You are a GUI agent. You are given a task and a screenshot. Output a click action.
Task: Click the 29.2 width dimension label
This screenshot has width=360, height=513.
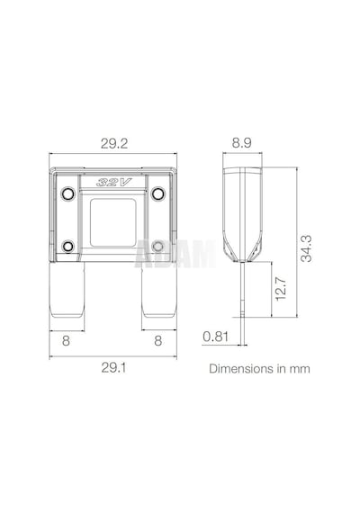point(114,143)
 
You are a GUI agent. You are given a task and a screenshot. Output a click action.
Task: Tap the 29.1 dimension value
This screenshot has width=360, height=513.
point(113,368)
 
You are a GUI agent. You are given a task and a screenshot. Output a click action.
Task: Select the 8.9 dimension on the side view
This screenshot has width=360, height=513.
point(241,142)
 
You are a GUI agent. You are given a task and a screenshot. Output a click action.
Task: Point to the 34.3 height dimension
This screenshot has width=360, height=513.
point(306,248)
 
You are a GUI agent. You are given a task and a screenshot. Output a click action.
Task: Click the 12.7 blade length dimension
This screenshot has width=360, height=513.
point(281,289)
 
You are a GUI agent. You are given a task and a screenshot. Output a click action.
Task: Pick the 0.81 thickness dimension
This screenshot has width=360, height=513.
point(215,337)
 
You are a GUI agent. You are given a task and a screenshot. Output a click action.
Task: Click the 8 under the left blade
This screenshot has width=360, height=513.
point(66,340)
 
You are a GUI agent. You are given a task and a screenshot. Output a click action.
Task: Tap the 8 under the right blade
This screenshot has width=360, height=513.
point(158,340)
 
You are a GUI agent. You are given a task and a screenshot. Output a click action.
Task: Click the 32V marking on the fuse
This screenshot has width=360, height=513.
point(113,182)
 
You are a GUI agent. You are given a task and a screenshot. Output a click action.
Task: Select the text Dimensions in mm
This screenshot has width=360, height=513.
point(259,369)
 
